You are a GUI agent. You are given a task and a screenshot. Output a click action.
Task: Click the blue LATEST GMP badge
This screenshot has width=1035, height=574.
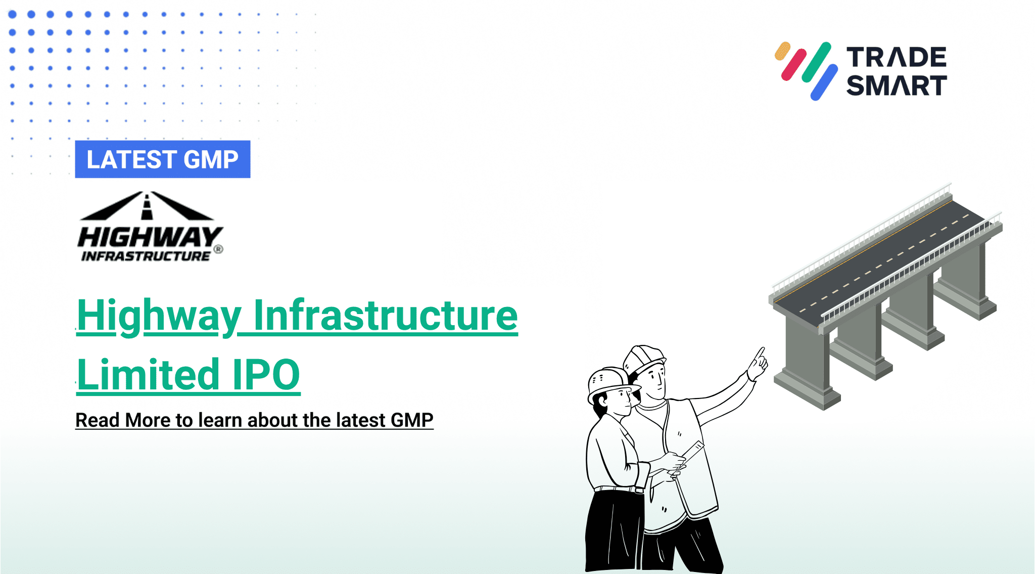click(x=162, y=159)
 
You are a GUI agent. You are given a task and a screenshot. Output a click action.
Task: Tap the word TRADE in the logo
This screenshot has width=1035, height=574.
click(x=896, y=58)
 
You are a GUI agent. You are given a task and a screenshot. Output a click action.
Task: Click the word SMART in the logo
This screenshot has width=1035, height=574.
click(x=896, y=85)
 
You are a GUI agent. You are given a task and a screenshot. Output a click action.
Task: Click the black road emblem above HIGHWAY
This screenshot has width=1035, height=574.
click(x=147, y=206)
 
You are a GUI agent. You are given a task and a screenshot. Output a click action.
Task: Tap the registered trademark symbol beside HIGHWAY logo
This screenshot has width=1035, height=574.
click(x=218, y=249)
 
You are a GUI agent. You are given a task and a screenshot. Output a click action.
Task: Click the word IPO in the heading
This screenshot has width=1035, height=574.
click(x=266, y=375)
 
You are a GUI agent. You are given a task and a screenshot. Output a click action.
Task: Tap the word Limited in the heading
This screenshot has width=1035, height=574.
click(x=148, y=375)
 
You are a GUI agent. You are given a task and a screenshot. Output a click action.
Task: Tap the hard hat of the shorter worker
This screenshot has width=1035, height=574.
click(x=609, y=382)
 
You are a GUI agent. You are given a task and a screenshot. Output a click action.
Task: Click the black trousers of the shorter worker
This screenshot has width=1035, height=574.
click(x=614, y=531)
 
